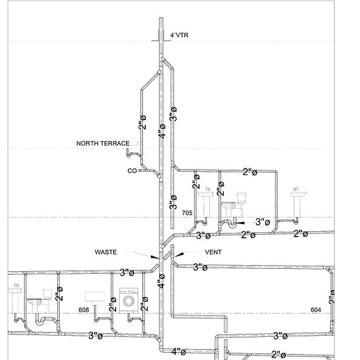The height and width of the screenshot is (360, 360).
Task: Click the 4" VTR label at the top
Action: point(180,36)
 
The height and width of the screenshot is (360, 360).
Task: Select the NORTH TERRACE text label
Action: point(102,144)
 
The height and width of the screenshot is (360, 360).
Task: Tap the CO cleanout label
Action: point(131,171)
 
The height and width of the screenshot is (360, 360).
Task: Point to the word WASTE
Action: point(107,251)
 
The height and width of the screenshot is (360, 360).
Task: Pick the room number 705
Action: point(187,213)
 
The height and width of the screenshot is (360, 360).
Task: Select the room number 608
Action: point(88,310)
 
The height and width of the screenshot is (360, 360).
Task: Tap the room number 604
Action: point(316,310)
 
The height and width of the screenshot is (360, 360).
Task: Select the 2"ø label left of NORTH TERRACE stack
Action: point(142,122)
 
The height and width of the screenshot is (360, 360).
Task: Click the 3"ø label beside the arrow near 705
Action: point(262,222)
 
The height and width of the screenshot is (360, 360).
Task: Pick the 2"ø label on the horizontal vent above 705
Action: point(249,172)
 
